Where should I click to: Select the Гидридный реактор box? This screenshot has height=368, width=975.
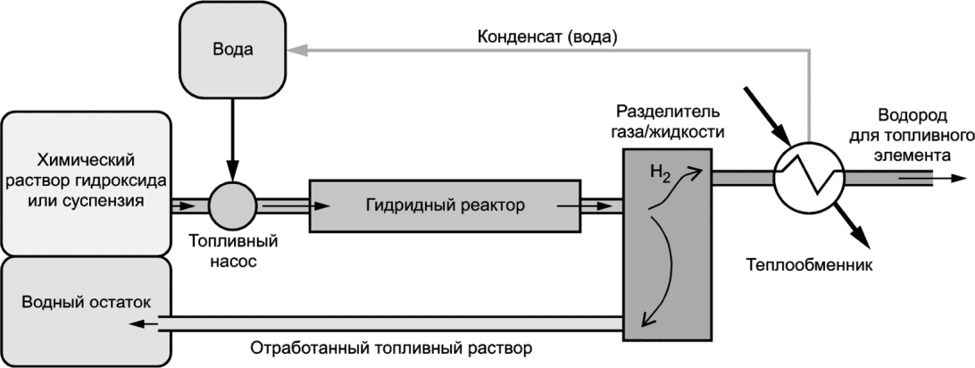pos(445,206)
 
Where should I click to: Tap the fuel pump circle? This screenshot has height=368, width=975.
pos(232,205)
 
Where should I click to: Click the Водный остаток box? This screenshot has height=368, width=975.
pos(86,310)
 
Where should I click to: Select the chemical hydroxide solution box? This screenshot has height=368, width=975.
pos(86,182)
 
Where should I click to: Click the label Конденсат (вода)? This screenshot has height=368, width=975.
pos(547,38)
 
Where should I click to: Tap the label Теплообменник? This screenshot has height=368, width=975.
pos(809,264)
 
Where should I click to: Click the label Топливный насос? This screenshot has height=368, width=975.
pos(232,252)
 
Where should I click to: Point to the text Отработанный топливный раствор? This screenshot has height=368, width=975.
pos(392,348)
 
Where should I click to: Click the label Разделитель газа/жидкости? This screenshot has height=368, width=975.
pos(668,122)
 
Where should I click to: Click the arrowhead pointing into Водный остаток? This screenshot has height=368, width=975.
pos(137,324)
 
